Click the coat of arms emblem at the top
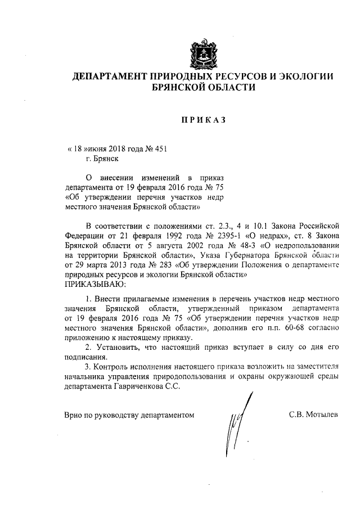(x=204, y=52)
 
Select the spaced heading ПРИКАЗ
(x=203, y=120)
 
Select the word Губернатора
(x=237, y=256)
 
